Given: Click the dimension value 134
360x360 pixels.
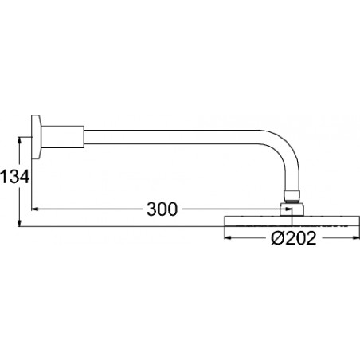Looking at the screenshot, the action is pos(14,177).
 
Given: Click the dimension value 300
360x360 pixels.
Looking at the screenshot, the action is pos(162,209).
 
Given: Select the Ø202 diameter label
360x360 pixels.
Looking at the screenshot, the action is pos(294,237).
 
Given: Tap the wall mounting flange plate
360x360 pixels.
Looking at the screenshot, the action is pos(36,137).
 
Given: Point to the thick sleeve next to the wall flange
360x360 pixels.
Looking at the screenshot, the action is pos(63,137).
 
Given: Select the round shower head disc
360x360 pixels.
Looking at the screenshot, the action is pos(292,221).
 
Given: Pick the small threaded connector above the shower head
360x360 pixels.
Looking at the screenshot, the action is pos(292,197).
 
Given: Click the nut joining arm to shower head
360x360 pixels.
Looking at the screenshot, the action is pos(292,209).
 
